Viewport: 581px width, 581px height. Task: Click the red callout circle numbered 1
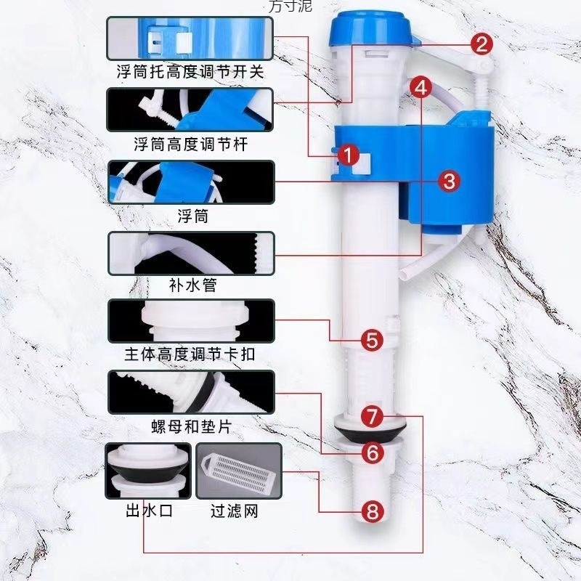349,155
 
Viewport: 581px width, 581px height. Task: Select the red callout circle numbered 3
450,181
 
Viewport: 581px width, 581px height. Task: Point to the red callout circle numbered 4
422,88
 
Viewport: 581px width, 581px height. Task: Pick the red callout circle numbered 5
371,339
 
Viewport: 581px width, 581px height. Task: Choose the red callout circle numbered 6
372,454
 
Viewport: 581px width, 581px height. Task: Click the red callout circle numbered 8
372,511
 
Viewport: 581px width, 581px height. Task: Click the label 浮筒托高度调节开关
191,73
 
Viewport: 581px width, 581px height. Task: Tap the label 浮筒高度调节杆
191,145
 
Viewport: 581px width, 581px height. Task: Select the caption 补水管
191,285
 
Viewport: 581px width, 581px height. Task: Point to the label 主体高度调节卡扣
191,355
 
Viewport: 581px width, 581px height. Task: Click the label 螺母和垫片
191,426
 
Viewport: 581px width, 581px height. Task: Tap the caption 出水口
148,511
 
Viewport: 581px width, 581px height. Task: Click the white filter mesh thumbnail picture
238,471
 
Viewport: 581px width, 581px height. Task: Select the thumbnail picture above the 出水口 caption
148,471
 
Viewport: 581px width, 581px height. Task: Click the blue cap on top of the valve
370,30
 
